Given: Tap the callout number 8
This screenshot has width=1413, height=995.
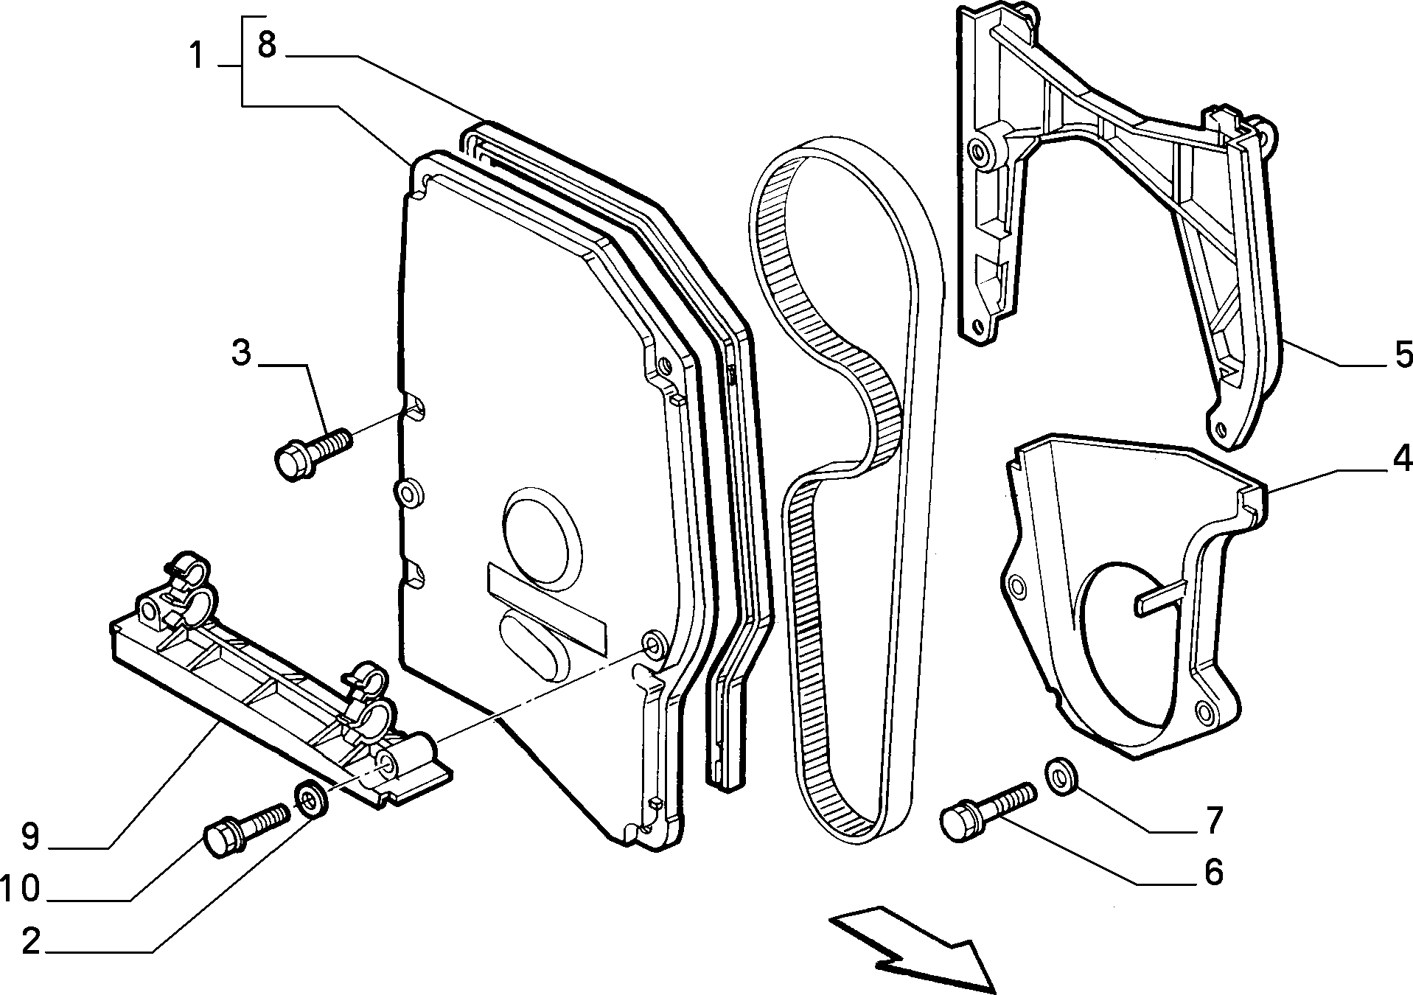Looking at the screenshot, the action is click(266, 45).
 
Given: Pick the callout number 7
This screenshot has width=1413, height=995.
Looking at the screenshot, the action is click(1212, 819).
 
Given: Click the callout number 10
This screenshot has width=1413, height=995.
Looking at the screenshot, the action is click(20, 889).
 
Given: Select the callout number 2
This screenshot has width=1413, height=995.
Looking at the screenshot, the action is click(30, 941).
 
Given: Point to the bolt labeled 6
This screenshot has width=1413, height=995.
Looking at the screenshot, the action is click(988, 811).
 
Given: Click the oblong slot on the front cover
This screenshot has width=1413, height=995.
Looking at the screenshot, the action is click(534, 644).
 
